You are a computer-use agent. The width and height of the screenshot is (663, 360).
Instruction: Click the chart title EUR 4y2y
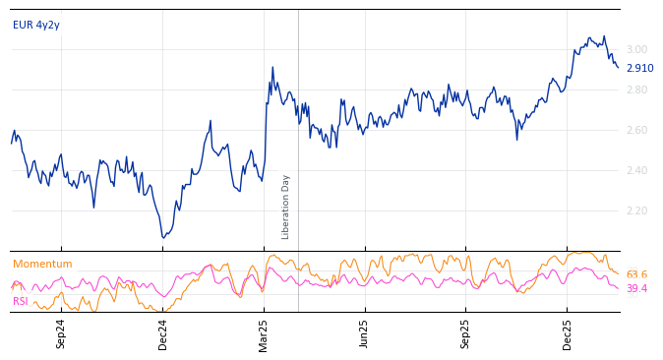36,26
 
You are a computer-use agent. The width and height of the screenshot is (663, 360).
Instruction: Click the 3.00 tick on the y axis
636,50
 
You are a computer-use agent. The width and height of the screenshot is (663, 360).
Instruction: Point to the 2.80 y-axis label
636,90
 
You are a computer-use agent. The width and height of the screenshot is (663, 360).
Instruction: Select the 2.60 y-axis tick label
636,131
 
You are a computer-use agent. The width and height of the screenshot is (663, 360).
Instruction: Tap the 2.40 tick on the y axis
636,171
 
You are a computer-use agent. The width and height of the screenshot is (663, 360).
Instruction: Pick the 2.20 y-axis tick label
636,211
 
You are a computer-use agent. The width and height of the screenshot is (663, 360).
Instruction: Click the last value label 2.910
639,69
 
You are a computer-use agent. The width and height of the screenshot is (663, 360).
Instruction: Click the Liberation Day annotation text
286,207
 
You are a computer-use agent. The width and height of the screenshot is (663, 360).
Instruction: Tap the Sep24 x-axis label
61,333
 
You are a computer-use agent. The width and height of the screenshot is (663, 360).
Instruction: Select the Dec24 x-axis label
163,333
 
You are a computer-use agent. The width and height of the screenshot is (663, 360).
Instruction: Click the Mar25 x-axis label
265,333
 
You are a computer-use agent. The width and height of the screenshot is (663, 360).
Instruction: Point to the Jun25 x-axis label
365,333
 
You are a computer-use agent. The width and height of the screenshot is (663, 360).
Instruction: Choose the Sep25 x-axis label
466,333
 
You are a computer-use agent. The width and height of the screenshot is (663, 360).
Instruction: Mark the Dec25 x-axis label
568,333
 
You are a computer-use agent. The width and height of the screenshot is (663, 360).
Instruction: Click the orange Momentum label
42,265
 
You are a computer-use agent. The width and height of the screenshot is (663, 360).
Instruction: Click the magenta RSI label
21,302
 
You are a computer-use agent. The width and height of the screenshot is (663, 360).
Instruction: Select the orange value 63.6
636,275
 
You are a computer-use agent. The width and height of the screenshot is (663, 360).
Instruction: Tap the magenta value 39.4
636,289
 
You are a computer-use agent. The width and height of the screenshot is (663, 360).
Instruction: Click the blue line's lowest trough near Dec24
164,237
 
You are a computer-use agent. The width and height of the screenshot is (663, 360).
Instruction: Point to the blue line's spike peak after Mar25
272,67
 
